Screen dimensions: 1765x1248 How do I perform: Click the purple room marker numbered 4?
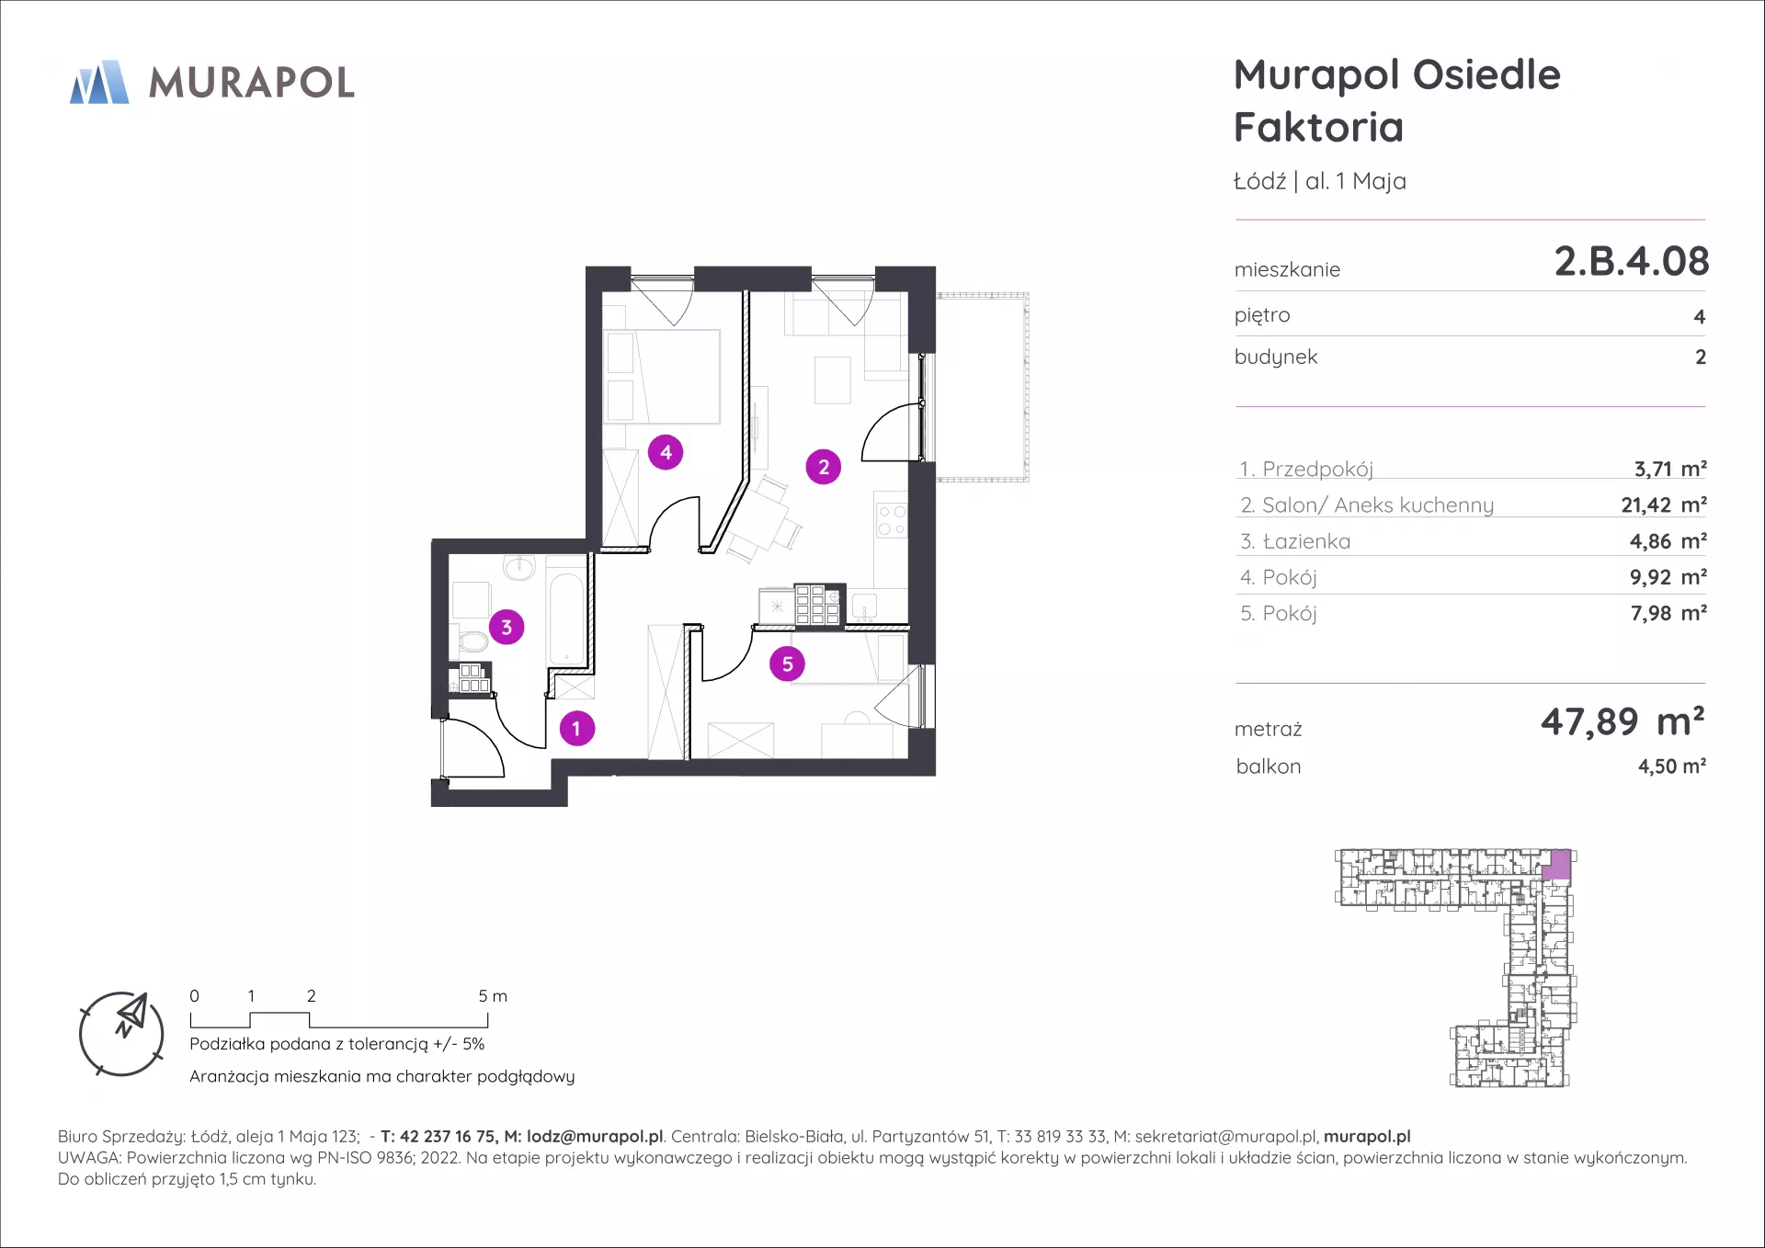pos(666,452)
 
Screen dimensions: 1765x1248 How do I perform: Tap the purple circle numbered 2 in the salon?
pos(824,467)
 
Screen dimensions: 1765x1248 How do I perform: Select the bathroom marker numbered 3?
pos(507,628)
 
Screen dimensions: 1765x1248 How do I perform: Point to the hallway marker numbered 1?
pos(577,729)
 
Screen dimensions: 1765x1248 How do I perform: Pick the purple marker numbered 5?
pos(788,664)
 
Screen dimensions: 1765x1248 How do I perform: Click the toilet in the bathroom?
pos(471,639)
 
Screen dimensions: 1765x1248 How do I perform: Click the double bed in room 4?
pos(662,377)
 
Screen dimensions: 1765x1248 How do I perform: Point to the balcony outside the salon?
pos(982,387)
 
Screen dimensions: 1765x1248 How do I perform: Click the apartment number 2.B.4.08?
pos(1632,261)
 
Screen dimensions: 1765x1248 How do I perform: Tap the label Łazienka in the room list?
pos(1306,541)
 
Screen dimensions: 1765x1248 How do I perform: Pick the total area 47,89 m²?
pos(1623,721)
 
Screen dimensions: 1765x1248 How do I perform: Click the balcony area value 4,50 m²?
pos(1672,766)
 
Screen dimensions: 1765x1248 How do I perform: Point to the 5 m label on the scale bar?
pos(493,996)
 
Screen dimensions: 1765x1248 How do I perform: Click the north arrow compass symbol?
pos(121,1034)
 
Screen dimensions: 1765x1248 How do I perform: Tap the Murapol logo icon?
pos(99,82)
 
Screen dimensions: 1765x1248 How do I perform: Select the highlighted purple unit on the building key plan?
pos(1557,865)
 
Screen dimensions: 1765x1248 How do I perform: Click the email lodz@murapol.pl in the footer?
pos(595,1137)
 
